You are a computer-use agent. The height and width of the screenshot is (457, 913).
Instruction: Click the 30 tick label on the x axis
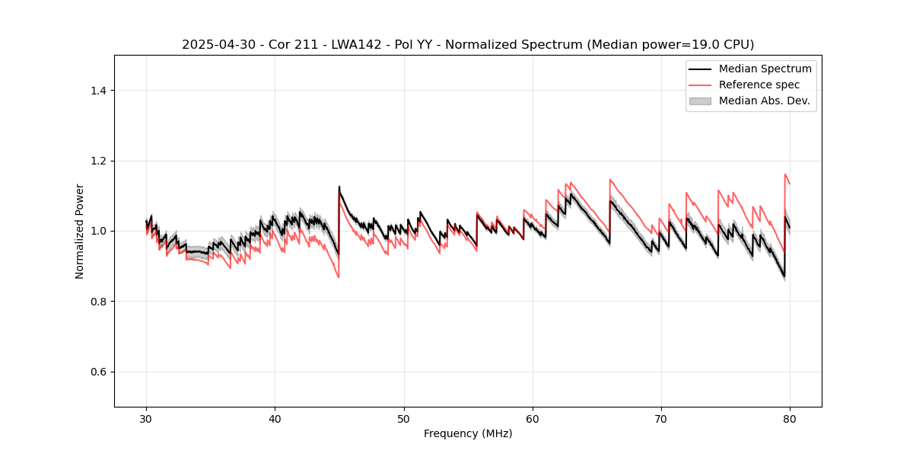coord(146,419)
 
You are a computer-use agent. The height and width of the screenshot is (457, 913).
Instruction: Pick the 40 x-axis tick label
coord(275,419)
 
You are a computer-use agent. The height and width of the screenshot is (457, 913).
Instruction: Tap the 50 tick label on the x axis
coord(404,419)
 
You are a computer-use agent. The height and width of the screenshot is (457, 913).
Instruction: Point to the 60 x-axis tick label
coord(533,419)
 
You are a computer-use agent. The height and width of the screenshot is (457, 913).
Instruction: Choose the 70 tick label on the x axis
coord(661,419)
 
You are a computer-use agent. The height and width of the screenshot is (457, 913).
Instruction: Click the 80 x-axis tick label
coord(790,419)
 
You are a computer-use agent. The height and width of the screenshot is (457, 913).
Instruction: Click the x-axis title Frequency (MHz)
coord(468,433)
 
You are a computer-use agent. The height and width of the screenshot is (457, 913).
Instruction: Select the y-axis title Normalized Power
coord(80,231)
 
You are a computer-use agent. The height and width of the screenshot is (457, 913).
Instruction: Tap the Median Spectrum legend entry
coord(765,69)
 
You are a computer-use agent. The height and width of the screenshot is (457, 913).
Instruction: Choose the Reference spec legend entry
coord(759,85)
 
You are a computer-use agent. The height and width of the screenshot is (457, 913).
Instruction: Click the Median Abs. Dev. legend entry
coord(764,101)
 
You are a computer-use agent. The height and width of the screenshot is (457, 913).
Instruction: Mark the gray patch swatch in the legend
coord(700,101)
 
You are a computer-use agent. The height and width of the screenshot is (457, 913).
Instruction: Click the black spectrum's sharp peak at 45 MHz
coord(339,187)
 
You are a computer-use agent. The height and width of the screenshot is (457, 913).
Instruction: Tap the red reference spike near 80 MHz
coord(785,174)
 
